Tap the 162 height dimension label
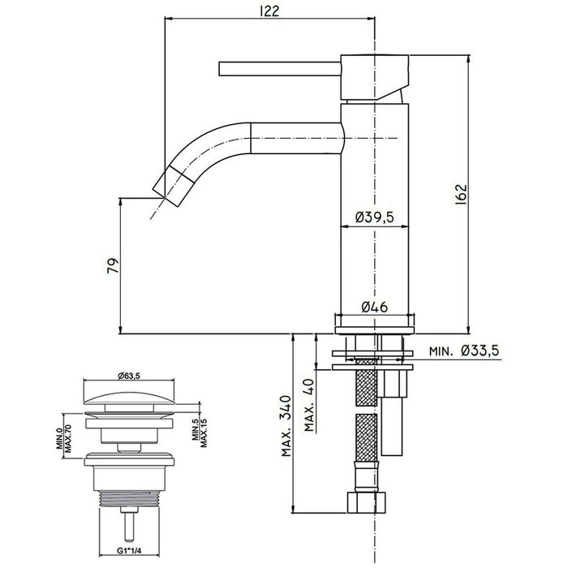[x=461, y=195]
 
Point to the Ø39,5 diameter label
[x=375, y=217]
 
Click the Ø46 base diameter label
[x=375, y=307]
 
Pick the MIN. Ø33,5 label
[x=464, y=351]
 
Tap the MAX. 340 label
[x=286, y=426]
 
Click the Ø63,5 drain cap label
[x=128, y=376]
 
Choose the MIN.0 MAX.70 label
[x=64, y=437]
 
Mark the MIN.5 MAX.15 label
[x=200, y=432]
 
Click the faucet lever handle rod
[x=280, y=69]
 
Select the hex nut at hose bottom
[x=366, y=502]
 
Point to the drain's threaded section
[x=129, y=499]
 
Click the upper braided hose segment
[x=367, y=383]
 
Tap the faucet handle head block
[x=375, y=77]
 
